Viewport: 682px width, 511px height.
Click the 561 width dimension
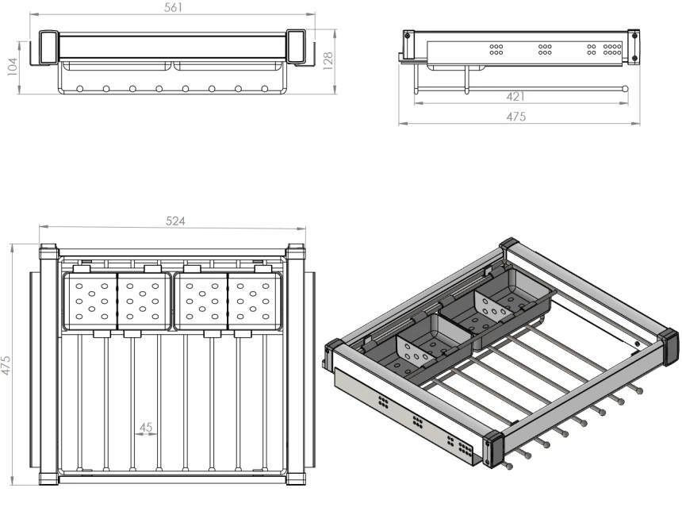click(x=173, y=7)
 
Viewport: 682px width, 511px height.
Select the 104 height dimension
click(x=12, y=67)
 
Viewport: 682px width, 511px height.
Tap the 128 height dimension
click(x=328, y=61)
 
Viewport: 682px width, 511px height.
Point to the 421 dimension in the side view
click(x=515, y=96)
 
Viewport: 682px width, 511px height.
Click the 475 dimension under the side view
click(x=515, y=116)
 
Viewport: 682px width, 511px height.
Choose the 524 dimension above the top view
click(x=175, y=221)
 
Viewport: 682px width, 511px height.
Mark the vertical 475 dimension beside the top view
click(x=6, y=365)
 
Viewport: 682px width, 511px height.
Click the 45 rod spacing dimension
click(x=146, y=428)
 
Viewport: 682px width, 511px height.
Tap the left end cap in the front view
click(x=48, y=47)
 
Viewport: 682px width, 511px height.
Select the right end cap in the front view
click(x=296, y=47)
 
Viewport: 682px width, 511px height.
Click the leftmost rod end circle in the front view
click(x=79, y=89)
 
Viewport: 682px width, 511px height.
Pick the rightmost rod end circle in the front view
click(x=264, y=89)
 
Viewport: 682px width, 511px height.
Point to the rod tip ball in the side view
click(x=625, y=88)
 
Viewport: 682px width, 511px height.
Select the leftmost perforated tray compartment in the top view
click(x=91, y=302)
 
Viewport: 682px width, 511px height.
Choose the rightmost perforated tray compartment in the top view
click(x=255, y=302)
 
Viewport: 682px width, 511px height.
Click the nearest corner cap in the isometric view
click(x=493, y=449)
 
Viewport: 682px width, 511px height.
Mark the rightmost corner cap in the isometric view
click(x=670, y=347)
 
